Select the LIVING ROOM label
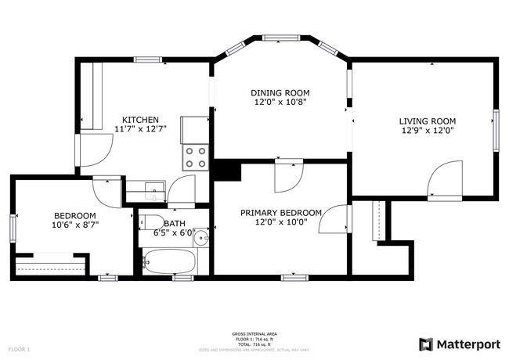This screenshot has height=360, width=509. [x=427, y=121]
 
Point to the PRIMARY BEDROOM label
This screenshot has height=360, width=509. [x=280, y=212]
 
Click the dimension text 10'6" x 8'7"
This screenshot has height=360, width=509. [x=75, y=225]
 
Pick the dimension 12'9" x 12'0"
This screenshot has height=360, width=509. [x=427, y=131]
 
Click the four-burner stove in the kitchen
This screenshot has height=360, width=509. [x=194, y=158]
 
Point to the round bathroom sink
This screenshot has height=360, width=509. [x=201, y=236]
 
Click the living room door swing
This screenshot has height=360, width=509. [x=446, y=178]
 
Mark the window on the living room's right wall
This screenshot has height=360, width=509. [x=495, y=128]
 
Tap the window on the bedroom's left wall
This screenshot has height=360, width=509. [x=13, y=226]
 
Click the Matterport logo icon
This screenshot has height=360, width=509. [x=426, y=344]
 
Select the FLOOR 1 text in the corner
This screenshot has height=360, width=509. [x=19, y=348]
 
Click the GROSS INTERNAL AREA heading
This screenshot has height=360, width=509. [x=254, y=333]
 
